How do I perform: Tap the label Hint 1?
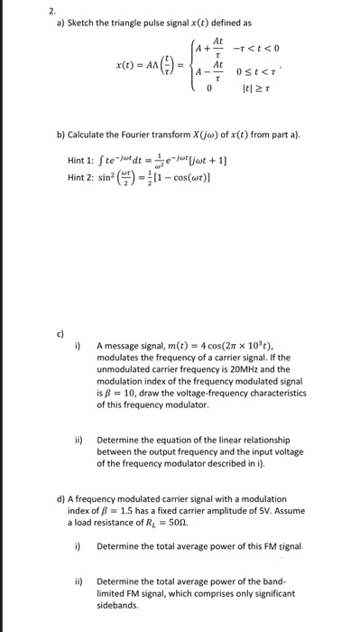point(81,161)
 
